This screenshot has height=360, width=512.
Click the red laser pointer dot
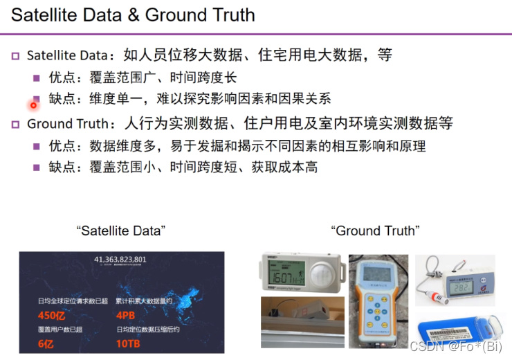pos(33,105)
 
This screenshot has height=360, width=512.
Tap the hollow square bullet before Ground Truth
pos(15,125)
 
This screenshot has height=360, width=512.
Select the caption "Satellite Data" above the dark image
pos(121,231)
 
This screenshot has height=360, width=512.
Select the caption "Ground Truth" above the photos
pos(375,231)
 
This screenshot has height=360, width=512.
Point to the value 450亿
pos(53,316)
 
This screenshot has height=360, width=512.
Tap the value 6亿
pos(46,343)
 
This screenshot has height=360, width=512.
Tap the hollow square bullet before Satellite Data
pos(15,55)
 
